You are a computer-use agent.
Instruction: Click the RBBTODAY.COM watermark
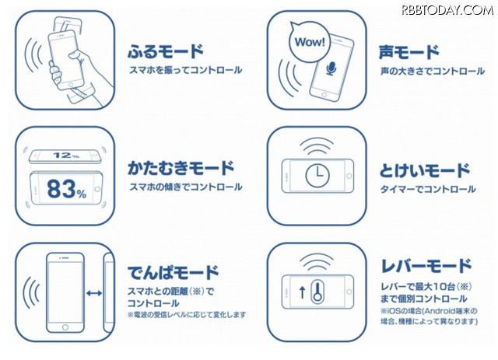[x=447, y=10]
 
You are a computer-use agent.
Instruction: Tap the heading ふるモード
[x=165, y=51]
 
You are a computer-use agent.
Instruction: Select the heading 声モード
[x=409, y=52]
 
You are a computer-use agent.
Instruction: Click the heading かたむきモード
[x=181, y=168]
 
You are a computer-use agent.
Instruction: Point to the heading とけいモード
[x=425, y=170]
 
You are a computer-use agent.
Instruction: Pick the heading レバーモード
[x=426, y=266]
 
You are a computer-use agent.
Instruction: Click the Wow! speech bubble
[x=309, y=41]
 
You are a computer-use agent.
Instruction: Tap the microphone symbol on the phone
[x=331, y=68]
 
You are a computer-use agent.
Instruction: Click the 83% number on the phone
[x=67, y=189]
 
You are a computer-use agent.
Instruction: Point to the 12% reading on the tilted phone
[x=65, y=156]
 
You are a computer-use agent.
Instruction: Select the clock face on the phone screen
[x=317, y=175]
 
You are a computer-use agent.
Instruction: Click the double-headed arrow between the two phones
[x=94, y=293]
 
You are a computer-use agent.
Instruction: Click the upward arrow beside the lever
[x=303, y=292]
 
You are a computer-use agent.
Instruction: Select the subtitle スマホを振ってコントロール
[x=185, y=70]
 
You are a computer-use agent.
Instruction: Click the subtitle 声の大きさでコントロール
[x=433, y=71]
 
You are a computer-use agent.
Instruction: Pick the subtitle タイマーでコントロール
[x=428, y=189]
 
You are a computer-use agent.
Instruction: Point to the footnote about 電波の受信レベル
[x=187, y=315]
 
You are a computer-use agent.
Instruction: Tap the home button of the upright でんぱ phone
[x=65, y=327]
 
